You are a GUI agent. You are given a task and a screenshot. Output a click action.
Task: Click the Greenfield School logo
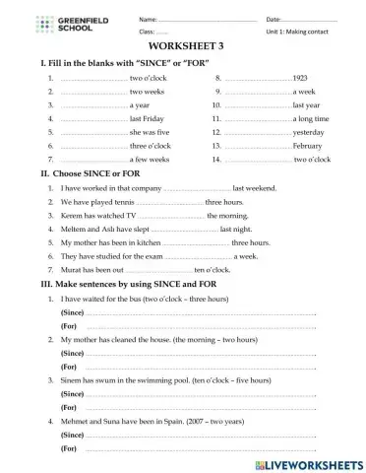point(50,25)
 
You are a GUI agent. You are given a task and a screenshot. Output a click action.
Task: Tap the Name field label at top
point(120,19)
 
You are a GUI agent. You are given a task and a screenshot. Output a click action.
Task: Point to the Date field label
point(245,19)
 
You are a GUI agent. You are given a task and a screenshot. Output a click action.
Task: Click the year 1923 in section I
point(300,76)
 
